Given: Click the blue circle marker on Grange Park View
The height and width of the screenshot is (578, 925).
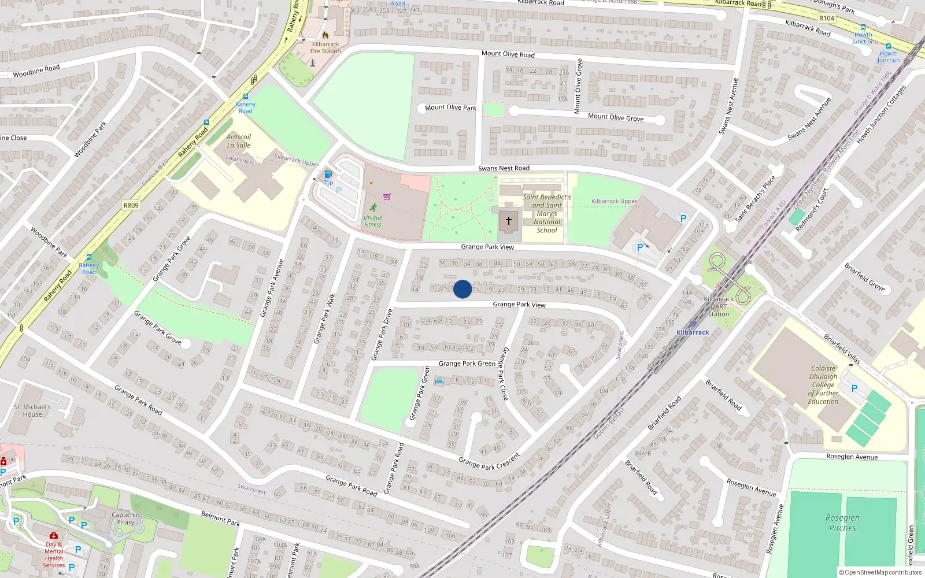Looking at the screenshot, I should click(x=462, y=289).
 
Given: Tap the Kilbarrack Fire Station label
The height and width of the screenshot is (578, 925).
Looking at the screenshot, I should click(x=325, y=48).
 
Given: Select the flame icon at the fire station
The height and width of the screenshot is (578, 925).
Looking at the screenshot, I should click(x=325, y=35).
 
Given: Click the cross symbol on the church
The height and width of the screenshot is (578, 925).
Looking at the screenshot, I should click(x=509, y=220).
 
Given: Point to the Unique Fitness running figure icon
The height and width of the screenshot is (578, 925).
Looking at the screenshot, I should click(x=373, y=208).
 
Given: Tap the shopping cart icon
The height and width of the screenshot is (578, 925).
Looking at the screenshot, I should click(x=387, y=197).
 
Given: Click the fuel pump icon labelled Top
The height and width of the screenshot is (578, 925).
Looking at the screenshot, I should click(x=328, y=174).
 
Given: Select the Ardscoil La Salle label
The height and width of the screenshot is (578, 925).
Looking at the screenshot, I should click(x=239, y=141).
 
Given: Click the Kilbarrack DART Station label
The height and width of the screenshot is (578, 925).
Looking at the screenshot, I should click(x=719, y=307).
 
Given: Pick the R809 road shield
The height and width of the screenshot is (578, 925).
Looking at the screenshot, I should click(x=131, y=205).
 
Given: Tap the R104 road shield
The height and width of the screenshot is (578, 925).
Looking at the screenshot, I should click(x=827, y=18).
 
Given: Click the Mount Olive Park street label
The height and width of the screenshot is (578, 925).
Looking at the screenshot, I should click(x=450, y=108).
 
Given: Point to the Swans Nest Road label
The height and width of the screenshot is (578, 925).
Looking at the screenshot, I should click(x=504, y=168).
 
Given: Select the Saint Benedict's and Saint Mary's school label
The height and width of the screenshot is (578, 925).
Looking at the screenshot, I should click(x=546, y=213).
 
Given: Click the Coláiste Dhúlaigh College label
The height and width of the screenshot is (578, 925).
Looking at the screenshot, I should click(x=823, y=384).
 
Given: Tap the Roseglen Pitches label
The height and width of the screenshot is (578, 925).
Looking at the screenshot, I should click(x=842, y=523).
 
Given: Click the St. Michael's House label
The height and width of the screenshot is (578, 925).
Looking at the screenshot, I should click(x=32, y=410).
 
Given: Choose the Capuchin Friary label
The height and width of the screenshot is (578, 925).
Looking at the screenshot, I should click(x=125, y=518).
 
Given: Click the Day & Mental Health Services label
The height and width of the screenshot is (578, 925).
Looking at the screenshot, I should click(x=54, y=554).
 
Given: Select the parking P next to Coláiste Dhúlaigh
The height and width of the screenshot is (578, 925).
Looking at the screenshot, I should click(x=854, y=388).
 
